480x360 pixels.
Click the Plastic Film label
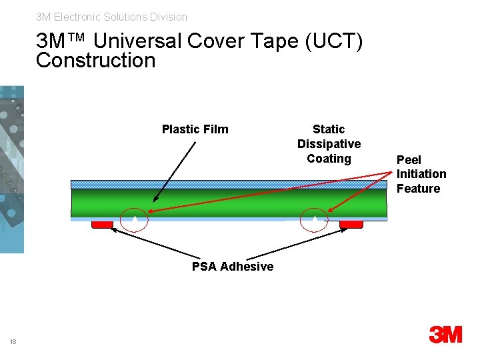point(195,129)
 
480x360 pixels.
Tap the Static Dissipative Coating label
point(329,143)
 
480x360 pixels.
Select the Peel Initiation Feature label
point(421,174)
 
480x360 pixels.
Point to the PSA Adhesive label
point(232,267)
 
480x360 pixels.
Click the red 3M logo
point(445,334)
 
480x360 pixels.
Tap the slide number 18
point(13,342)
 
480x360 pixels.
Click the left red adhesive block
point(102,225)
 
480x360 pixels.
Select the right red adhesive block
point(351,225)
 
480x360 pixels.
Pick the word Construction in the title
point(95,61)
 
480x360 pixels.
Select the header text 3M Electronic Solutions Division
point(111,17)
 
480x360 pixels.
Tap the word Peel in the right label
point(409,160)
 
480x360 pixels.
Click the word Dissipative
point(329,144)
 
